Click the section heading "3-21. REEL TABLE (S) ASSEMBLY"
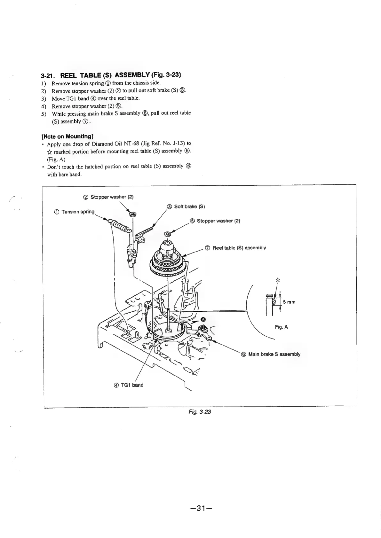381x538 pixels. [111, 75]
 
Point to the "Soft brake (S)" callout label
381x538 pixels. [186, 206]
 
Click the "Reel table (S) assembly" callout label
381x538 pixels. [235, 248]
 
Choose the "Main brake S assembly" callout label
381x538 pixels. [271, 354]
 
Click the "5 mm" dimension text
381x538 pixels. [289, 302]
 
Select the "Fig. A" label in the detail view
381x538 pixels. [282, 327]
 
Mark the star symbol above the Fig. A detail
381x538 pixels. [278, 280]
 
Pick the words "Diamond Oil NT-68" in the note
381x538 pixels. [112, 144]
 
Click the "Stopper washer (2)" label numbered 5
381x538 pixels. [215, 221]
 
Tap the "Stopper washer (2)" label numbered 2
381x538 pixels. [108, 197]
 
